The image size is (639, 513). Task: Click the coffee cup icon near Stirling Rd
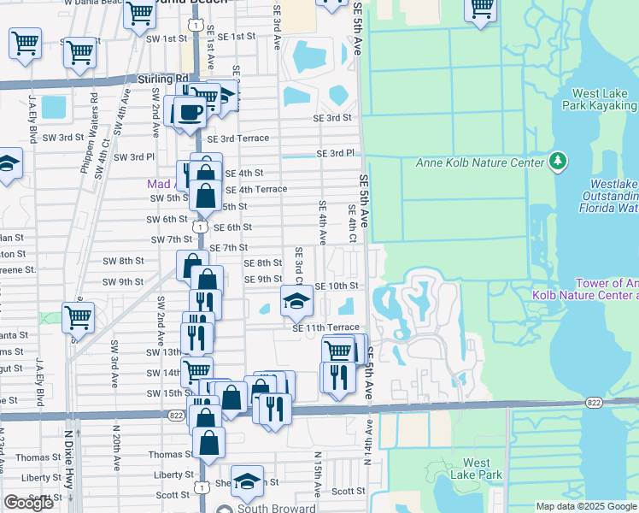click(x=190, y=112)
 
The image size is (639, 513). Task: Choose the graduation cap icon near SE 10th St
click(x=296, y=300)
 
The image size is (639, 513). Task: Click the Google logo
click(x=28, y=503)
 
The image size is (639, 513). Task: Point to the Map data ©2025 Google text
click(x=586, y=506)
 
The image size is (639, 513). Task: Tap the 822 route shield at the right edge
click(x=596, y=402)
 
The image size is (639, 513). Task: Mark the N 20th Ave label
click(x=114, y=462)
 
